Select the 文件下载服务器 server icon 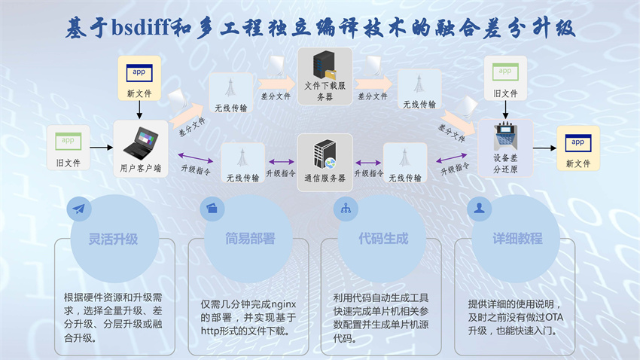tap(325, 66)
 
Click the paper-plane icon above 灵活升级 tap(79, 209)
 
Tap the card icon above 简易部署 tap(212, 209)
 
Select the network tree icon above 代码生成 tap(346, 209)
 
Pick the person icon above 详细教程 tap(479, 209)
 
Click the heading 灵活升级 tap(114, 239)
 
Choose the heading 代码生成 tap(382, 239)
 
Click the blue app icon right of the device tap(578, 142)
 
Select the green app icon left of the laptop tap(68, 140)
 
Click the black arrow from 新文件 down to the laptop tap(139, 110)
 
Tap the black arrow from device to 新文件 tap(543, 148)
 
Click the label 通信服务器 tap(325, 178)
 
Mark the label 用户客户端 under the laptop tap(139, 169)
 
